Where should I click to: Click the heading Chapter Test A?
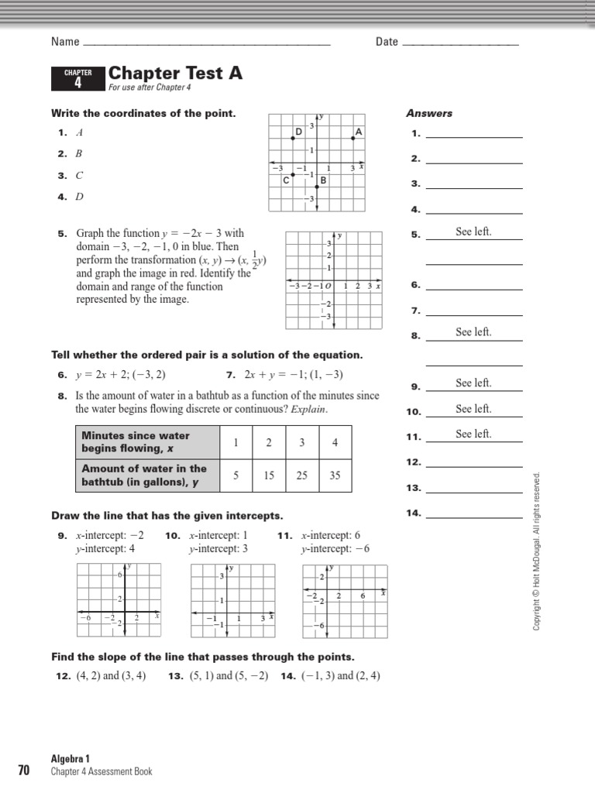175,74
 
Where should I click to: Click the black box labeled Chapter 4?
77,78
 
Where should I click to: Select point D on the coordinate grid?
293,138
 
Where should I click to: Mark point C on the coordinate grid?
293,174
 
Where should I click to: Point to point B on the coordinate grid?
317,186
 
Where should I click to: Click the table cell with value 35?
335,475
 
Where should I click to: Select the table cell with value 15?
269,475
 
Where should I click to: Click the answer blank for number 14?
474,514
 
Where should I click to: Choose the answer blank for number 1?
474,134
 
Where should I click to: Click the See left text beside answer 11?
473,434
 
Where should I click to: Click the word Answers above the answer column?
429,113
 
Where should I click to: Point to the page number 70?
23,770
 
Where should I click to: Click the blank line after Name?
206,43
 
